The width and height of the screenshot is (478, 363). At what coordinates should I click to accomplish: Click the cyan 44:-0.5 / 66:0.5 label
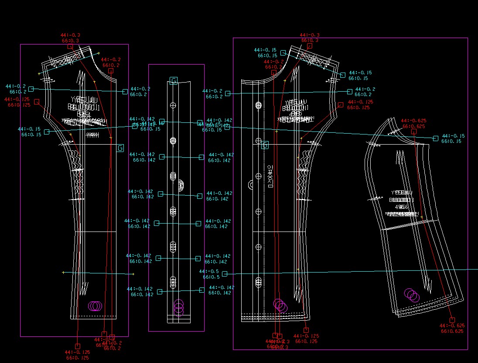tap(209, 274)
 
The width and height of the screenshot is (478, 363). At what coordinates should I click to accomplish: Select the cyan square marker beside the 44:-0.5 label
tap(225, 274)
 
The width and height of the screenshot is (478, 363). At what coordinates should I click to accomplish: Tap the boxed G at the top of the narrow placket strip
tap(174, 80)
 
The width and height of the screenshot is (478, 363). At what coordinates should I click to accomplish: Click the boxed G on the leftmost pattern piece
tap(120, 148)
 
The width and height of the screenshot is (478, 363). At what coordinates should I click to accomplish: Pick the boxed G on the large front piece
tap(265, 145)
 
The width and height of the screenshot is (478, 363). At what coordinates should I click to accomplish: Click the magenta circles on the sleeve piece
tap(412, 295)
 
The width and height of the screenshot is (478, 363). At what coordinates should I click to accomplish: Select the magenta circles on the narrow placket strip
tap(179, 308)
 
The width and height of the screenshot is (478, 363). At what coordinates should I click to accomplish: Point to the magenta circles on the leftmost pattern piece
tap(95, 306)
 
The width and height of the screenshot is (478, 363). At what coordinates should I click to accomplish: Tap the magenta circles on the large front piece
tap(280, 306)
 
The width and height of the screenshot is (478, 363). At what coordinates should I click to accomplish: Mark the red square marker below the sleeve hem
tap(452, 320)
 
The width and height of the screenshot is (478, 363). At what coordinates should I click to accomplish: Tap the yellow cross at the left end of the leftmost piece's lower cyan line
tap(63, 273)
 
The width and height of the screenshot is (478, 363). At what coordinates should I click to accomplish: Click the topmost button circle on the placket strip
tap(173, 105)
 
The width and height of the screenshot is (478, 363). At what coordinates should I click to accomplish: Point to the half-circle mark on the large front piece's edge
tap(251, 185)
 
